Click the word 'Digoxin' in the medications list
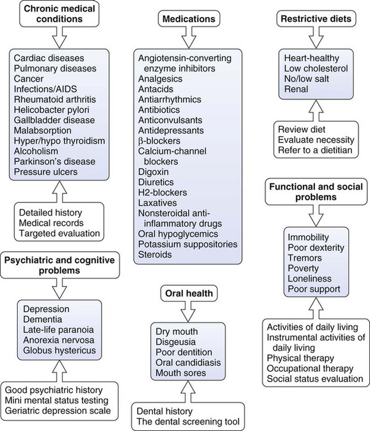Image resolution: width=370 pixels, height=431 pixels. point(153,171)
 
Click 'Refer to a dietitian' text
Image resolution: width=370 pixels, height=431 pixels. point(314,151)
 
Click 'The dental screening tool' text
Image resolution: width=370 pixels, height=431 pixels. point(188,421)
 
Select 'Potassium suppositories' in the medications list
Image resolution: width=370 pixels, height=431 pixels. point(187,244)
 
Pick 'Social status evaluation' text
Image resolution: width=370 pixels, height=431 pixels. point(315,379)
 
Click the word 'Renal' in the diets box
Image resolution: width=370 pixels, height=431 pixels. point(297,90)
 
